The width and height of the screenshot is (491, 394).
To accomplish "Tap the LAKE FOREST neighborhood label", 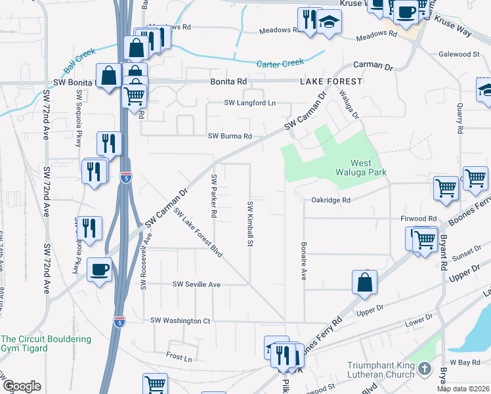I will (331, 81).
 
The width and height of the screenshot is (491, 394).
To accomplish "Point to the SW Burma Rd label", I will (230, 137).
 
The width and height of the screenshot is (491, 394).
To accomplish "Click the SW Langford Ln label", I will (250, 103).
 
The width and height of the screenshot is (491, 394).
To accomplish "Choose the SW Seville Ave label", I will (196, 284).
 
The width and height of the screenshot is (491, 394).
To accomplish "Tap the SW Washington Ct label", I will (181, 320).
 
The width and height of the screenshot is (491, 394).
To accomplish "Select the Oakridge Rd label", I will (331, 200).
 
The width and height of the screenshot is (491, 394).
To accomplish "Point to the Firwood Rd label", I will (418, 219).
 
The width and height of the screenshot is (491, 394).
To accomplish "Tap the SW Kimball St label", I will (250, 224).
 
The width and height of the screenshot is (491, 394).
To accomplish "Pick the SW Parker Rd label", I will (214, 196).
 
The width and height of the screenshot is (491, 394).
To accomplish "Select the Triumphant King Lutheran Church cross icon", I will (425, 369).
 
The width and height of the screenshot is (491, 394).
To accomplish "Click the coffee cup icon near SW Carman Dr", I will (100, 269).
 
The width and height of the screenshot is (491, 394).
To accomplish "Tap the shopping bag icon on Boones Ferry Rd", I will (364, 282).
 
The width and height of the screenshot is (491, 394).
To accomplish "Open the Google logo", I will (22, 386).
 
